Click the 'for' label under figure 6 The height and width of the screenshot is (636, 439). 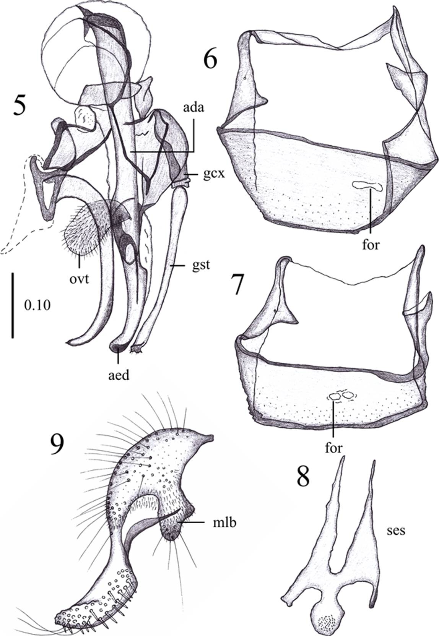click(x=371, y=243)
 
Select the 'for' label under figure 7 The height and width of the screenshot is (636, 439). click(x=333, y=447)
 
